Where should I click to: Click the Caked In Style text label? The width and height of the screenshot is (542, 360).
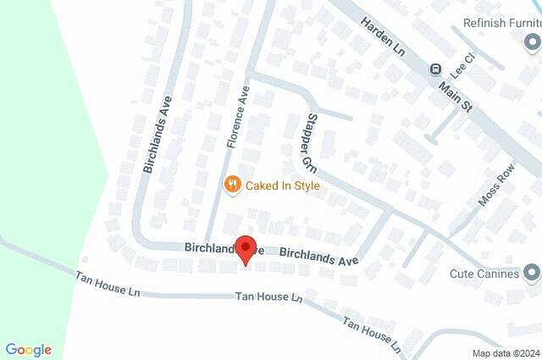(283, 185)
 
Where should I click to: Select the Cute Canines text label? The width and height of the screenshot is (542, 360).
(484, 273)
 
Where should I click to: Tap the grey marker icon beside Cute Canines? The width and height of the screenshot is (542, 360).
(532, 273)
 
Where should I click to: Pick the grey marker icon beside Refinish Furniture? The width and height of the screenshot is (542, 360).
(532, 41)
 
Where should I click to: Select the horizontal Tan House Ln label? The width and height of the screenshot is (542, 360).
(268, 298)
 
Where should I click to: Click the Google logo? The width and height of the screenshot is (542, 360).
(28, 350)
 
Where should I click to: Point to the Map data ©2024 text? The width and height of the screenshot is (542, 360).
(505, 353)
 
